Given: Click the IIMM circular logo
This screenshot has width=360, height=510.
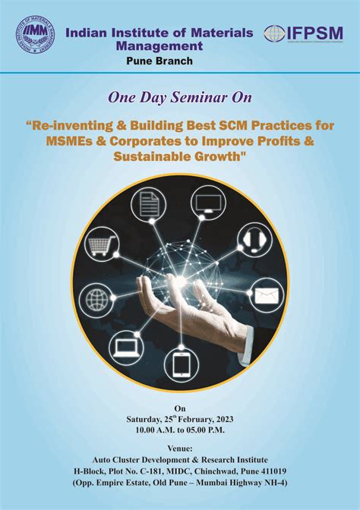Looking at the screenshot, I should pos(33,33).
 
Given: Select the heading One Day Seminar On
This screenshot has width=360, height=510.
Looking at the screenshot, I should pos(179,97).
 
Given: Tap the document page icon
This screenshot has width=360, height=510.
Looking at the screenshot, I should pos(147,203).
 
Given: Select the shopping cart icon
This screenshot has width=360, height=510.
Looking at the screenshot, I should pos(102,246).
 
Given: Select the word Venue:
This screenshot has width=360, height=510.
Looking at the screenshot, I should pos(179,448).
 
